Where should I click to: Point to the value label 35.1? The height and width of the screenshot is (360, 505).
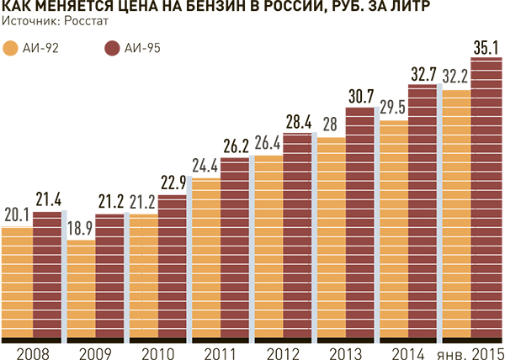coord(486,45)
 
